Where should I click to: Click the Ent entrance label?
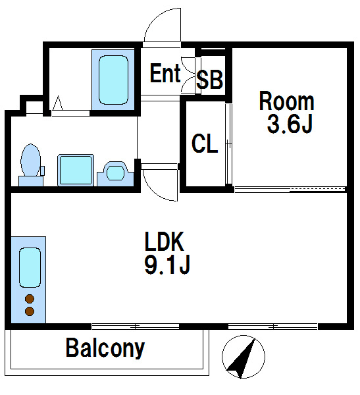tap(165, 73)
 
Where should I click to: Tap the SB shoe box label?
tap(209, 80)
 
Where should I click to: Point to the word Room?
tap(287, 101)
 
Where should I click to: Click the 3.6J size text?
tap(290, 124)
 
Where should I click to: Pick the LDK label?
tap(165, 242)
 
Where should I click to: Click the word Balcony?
tap(105, 348)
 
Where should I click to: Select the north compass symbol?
tap(244, 357)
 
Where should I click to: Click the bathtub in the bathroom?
tap(113, 80)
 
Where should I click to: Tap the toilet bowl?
tap(31, 160)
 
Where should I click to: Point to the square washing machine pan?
tap(76, 170)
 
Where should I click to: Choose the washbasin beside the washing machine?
tap(115, 174)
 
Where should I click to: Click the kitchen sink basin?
tap(30, 267)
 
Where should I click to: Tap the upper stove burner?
tap(30, 299)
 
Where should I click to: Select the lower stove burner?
tap(30, 311)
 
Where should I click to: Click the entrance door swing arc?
tap(154, 18)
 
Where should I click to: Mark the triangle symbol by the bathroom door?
tap(57, 103)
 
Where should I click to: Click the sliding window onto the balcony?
tap(136, 327)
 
